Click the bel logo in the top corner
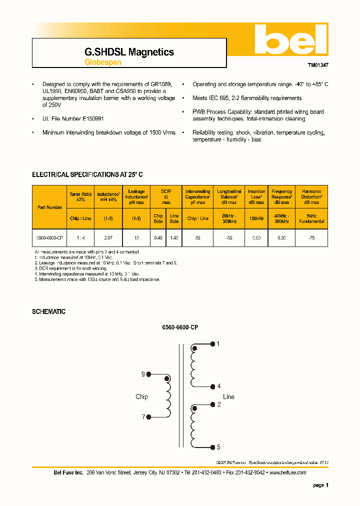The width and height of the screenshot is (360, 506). click(x=290, y=39)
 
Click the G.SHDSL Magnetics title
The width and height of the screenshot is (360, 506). click(x=129, y=52)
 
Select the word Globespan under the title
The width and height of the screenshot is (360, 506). click(x=102, y=62)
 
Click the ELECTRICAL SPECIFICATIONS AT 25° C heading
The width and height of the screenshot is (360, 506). click(x=87, y=174)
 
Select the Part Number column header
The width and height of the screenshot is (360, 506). click(x=49, y=207)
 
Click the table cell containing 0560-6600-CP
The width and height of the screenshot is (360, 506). click(x=49, y=238)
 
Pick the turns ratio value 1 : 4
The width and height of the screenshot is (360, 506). click(x=80, y=238)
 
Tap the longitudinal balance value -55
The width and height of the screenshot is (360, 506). click(x=229, y=238)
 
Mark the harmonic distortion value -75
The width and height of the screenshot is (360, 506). click(x=311, y=238)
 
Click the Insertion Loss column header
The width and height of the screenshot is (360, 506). click(x=256, y=196)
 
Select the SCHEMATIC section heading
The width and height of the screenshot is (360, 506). click(x=48, y=311)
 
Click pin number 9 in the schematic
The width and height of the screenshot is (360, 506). click(x=143, y=374)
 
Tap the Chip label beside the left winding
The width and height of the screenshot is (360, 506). click(x=141, y=396)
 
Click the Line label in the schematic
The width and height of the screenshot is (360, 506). click(x=228, y=396)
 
